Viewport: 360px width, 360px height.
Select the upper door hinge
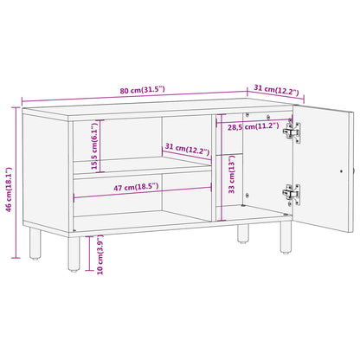pos(296,132)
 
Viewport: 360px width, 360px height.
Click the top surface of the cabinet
pos(156,109)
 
